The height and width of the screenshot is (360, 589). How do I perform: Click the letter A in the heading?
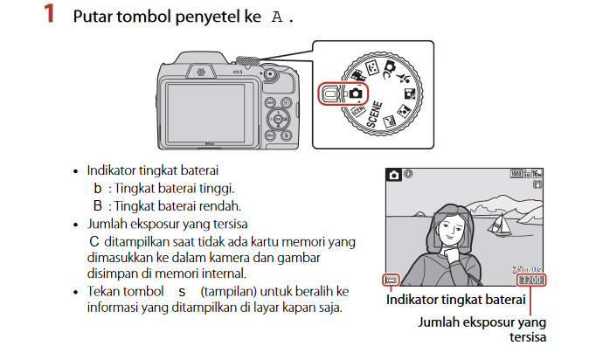click(277, 17)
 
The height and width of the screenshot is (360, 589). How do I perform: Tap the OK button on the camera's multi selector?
click(278, 118)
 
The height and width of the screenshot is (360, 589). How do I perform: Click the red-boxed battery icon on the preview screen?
click(392, 280)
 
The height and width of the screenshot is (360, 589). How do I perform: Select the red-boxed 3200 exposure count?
click(530, 280)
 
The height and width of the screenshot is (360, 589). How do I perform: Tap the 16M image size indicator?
click(536, 174)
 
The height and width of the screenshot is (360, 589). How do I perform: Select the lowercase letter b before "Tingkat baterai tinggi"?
click(98, 188)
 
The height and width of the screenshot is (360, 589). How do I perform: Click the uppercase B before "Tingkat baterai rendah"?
click(98, 205)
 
